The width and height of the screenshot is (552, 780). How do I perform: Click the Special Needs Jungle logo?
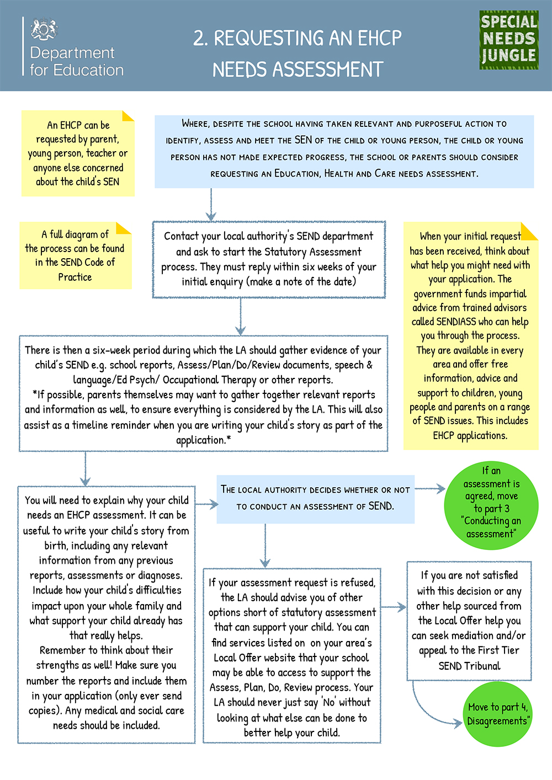point(509,40)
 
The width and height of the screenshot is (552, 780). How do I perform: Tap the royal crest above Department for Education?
point(44,29)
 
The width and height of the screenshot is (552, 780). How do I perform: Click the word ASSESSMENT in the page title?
point(328,69)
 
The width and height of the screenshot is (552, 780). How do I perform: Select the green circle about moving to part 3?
point(491,505)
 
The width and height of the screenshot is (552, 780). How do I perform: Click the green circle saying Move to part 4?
point(498,714)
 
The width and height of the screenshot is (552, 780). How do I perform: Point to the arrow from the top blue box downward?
point(211,205)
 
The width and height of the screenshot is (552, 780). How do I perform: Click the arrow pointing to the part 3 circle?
point(430,489)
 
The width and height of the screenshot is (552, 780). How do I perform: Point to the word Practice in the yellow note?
point(75,277)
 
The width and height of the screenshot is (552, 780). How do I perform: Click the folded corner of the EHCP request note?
point(128,116)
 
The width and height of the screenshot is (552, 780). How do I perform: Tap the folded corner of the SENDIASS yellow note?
point(529,231)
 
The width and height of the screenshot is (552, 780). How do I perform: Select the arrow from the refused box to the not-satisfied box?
point(394,607)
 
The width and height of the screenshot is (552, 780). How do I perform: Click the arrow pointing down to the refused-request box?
point(265,546)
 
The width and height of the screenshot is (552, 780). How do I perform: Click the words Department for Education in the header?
point(77,61)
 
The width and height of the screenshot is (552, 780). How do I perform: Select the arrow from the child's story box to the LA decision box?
point(206,504)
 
